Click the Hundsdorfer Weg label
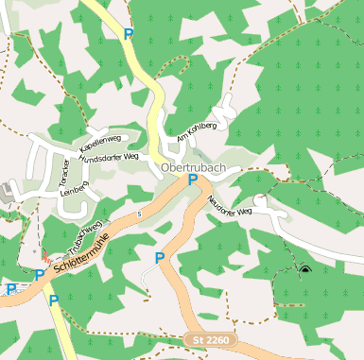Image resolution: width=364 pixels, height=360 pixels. (109, 160)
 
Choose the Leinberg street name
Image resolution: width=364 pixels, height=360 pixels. (73, 189)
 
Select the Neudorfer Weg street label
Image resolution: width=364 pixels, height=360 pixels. (231, 199)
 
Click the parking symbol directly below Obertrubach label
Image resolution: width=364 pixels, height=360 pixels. (193, 180)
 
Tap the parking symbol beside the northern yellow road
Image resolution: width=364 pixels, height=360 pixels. (129, 34)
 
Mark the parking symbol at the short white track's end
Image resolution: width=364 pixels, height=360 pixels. (160, 257)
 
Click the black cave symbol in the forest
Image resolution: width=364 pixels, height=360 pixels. (304, 270)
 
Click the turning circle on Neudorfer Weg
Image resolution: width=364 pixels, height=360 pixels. (260, 201)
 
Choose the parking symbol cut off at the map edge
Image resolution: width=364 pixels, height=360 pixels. (9, 289)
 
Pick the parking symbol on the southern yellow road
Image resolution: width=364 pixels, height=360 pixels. (54, 300)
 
